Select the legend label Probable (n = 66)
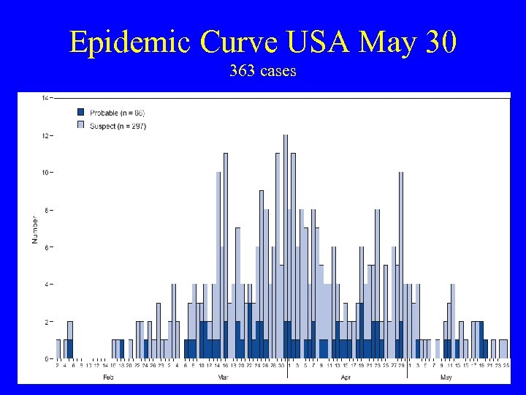click(x=117, y=112)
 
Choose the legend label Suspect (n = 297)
click(x=118, y=125)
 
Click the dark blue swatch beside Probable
click(x=81, y=112)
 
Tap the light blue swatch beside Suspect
click(x=81, y=125)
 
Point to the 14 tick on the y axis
click(x=45, y=98)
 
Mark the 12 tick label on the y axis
click(x=45, y=136)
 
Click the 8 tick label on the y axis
click(x=46, y=211)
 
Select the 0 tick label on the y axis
click(x=46, y=358)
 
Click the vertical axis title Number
click(x=34, y=229)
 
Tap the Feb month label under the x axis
click(x=108, y=377)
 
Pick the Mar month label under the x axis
click(x=224, y=377)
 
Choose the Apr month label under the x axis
click(x=346, y=377)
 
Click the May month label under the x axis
click(x=446, y=377)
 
